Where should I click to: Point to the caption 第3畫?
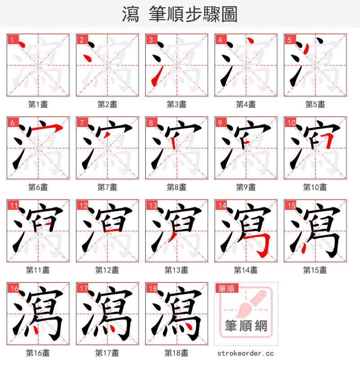pos(176,104)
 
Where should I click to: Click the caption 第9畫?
pos(246,187)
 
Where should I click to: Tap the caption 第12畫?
pos(107,270)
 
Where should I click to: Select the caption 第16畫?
pos(38,353)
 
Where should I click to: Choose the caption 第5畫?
pos(315,104)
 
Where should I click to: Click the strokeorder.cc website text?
pos(245,354)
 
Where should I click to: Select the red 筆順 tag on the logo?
pos(226,288)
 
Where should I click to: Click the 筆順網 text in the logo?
pos(246,326)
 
